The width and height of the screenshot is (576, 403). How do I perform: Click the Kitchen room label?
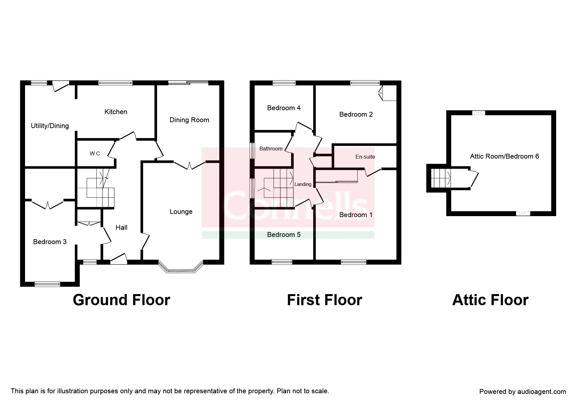tap(116, 112)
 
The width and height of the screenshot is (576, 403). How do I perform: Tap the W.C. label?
tap(96, 154)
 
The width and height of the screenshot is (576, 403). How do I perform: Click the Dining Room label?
tap(189, 120)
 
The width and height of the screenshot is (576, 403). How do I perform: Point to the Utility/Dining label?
tap(50, 126)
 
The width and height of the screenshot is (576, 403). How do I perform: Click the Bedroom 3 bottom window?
tap(47, 284)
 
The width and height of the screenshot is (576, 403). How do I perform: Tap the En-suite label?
tap(365, 157)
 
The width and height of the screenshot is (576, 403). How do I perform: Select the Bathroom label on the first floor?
tap(271, 149)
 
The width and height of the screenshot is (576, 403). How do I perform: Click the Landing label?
tap(303, 184)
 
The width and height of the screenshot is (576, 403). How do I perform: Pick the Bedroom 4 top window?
tap(284, 83)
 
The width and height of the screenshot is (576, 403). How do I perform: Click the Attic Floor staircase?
tap(440, 178)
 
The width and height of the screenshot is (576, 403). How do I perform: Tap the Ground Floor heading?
tap(121, 300)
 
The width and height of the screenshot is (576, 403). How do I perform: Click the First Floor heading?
tap(325, 300)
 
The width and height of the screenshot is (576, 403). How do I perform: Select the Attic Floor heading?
tap(490, 300)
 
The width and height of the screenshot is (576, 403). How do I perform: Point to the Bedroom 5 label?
tap(284, 235)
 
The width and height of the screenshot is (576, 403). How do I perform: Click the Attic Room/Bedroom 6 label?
tap(504, 156)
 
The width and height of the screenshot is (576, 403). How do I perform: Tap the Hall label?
tap(121, 227)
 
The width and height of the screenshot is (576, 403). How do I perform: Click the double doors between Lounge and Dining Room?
tap(190, 166)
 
